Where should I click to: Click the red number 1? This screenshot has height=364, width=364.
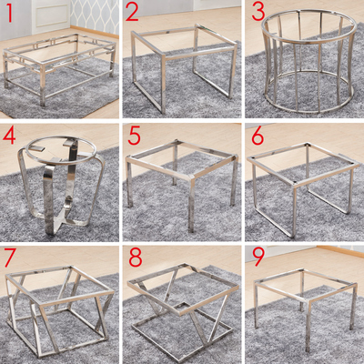click(9, 13)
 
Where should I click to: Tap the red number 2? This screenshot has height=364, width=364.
click(132, 13)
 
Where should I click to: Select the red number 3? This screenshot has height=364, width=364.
click(258, 12)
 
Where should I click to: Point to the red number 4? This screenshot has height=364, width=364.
click(9, 136)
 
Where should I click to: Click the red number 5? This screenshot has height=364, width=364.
click(134, 136)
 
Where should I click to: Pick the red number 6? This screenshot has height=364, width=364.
click(258, 136)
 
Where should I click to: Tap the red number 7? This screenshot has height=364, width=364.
click(10, 258)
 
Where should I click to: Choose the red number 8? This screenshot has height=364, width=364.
click(136, 258)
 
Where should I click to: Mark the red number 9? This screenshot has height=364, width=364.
click(258, 257)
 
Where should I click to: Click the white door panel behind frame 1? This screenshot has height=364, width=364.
click(50, 15)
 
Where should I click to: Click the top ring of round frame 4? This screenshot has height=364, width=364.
click(61, 149)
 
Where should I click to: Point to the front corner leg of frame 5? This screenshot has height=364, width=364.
click(191, 206)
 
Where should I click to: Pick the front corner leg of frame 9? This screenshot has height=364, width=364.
click(308, 328)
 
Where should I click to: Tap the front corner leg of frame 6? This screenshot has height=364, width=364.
click(294, 212)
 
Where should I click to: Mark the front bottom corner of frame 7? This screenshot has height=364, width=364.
click(38, 355)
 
